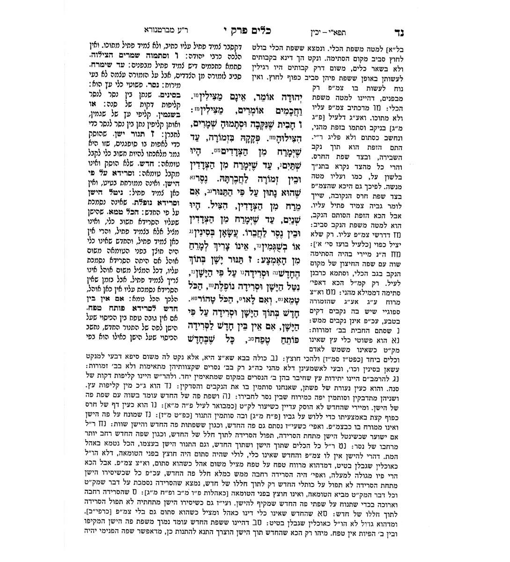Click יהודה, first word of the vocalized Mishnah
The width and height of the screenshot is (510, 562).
286,96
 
